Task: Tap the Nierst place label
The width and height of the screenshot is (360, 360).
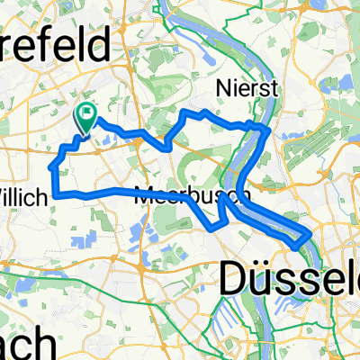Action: point(246,87)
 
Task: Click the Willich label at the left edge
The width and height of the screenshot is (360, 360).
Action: point(22,171)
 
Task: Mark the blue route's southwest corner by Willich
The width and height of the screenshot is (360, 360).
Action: point(56,193)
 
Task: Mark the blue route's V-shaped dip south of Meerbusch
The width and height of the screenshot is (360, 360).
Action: point(212,228)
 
